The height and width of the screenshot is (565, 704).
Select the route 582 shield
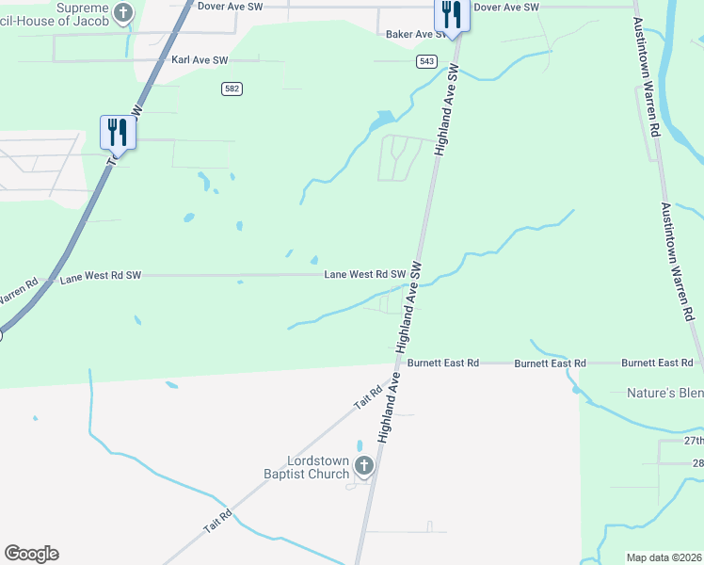pos(232,89)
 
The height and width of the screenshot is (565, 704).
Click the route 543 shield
pos(427,61)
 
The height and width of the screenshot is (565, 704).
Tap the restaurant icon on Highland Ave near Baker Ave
pos(452,16)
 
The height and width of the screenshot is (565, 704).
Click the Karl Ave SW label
pos(200,59)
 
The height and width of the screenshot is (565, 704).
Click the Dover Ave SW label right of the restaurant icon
pos(506,7)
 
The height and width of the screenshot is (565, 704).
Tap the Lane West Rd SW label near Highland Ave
pos(364,275)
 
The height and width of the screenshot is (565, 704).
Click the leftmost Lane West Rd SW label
pos(101,277)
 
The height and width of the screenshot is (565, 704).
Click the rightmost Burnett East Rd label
pos(657,363)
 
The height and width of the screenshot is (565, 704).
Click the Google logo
pos(31,554)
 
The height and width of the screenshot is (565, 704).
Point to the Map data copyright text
pos(664,557)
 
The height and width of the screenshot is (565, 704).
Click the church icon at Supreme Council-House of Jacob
pos(123,12)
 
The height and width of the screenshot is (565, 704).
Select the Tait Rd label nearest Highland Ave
pos(368,397)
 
